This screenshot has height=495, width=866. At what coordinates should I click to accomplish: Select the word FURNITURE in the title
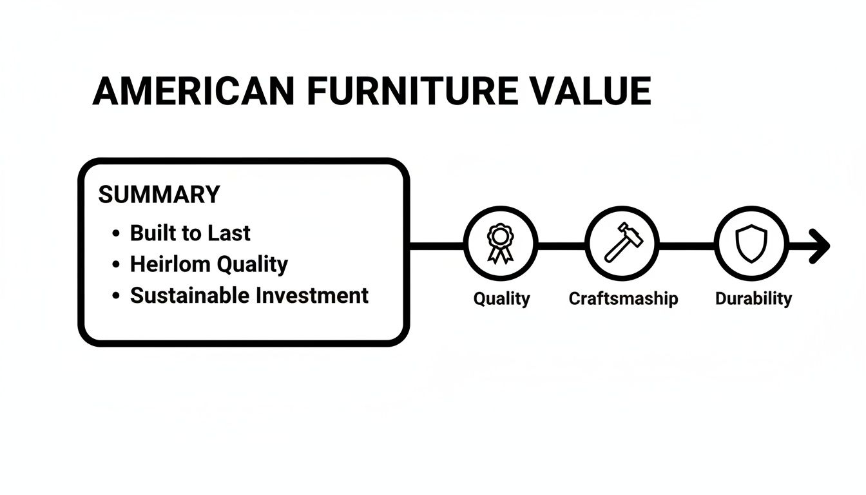(412, 91)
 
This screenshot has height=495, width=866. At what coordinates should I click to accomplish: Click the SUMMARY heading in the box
(159, 194)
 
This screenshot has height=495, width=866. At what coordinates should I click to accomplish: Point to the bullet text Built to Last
(190, 233)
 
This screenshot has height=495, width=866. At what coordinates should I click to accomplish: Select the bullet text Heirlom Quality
(209, 264)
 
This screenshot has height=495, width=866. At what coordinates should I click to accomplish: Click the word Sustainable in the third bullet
(189, 295)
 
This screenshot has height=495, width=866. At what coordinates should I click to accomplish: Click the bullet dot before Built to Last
(116, 233)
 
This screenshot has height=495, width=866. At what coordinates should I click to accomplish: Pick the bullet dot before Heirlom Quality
(116, 264)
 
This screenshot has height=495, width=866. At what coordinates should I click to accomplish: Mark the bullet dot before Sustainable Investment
(116, 296)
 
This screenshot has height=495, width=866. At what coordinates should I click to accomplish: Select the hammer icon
(622, 244)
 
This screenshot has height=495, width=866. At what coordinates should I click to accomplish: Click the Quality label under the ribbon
(501, 298)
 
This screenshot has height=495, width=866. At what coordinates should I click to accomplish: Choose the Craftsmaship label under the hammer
(623, 298)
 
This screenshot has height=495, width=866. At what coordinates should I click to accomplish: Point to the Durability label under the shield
(753, 298)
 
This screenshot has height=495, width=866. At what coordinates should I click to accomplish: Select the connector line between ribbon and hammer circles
(561, 246)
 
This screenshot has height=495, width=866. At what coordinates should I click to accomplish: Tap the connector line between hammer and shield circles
(687, 246)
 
